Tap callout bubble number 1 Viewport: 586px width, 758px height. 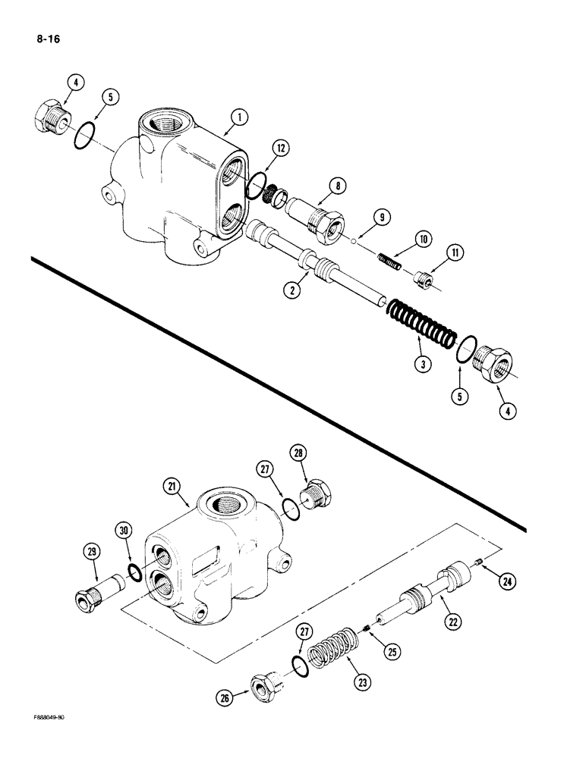[239, 117]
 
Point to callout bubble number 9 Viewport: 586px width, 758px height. [383, 218]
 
